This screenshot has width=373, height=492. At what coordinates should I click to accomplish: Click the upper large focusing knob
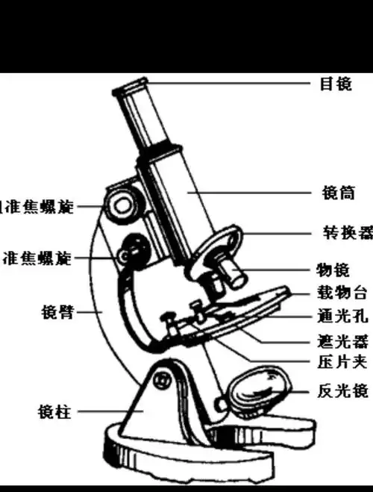[121, 202]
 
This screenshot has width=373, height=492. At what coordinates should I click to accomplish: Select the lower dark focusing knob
[133, 249]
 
